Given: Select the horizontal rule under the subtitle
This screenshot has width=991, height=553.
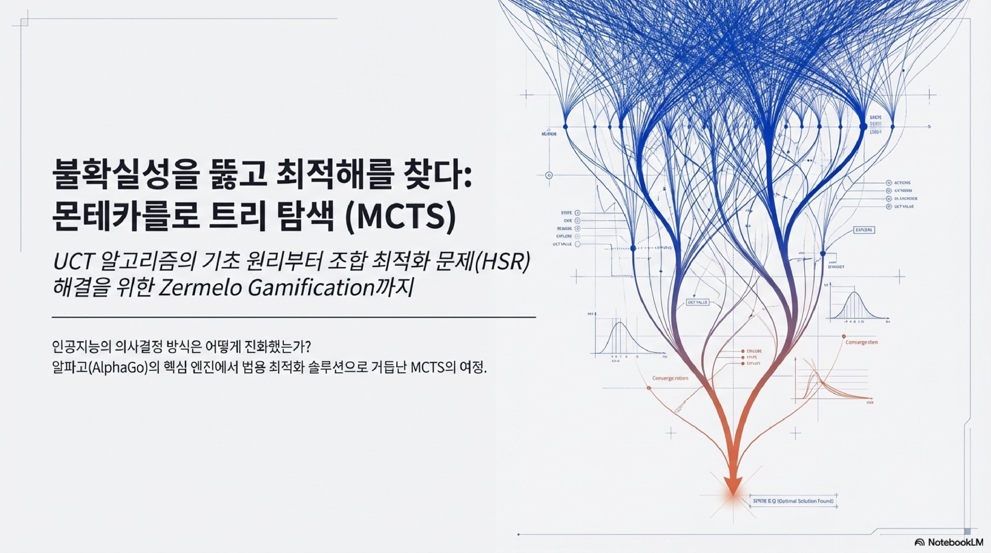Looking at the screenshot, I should click(293, 318).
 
